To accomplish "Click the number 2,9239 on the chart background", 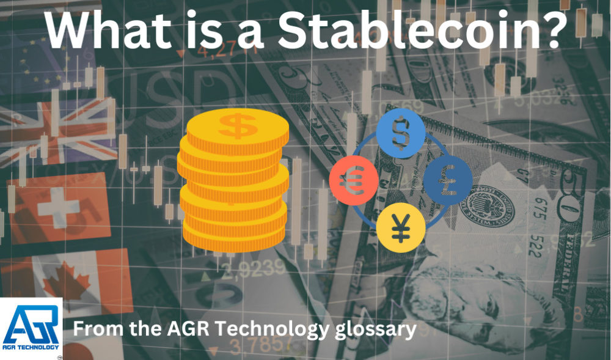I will (254, 267).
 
